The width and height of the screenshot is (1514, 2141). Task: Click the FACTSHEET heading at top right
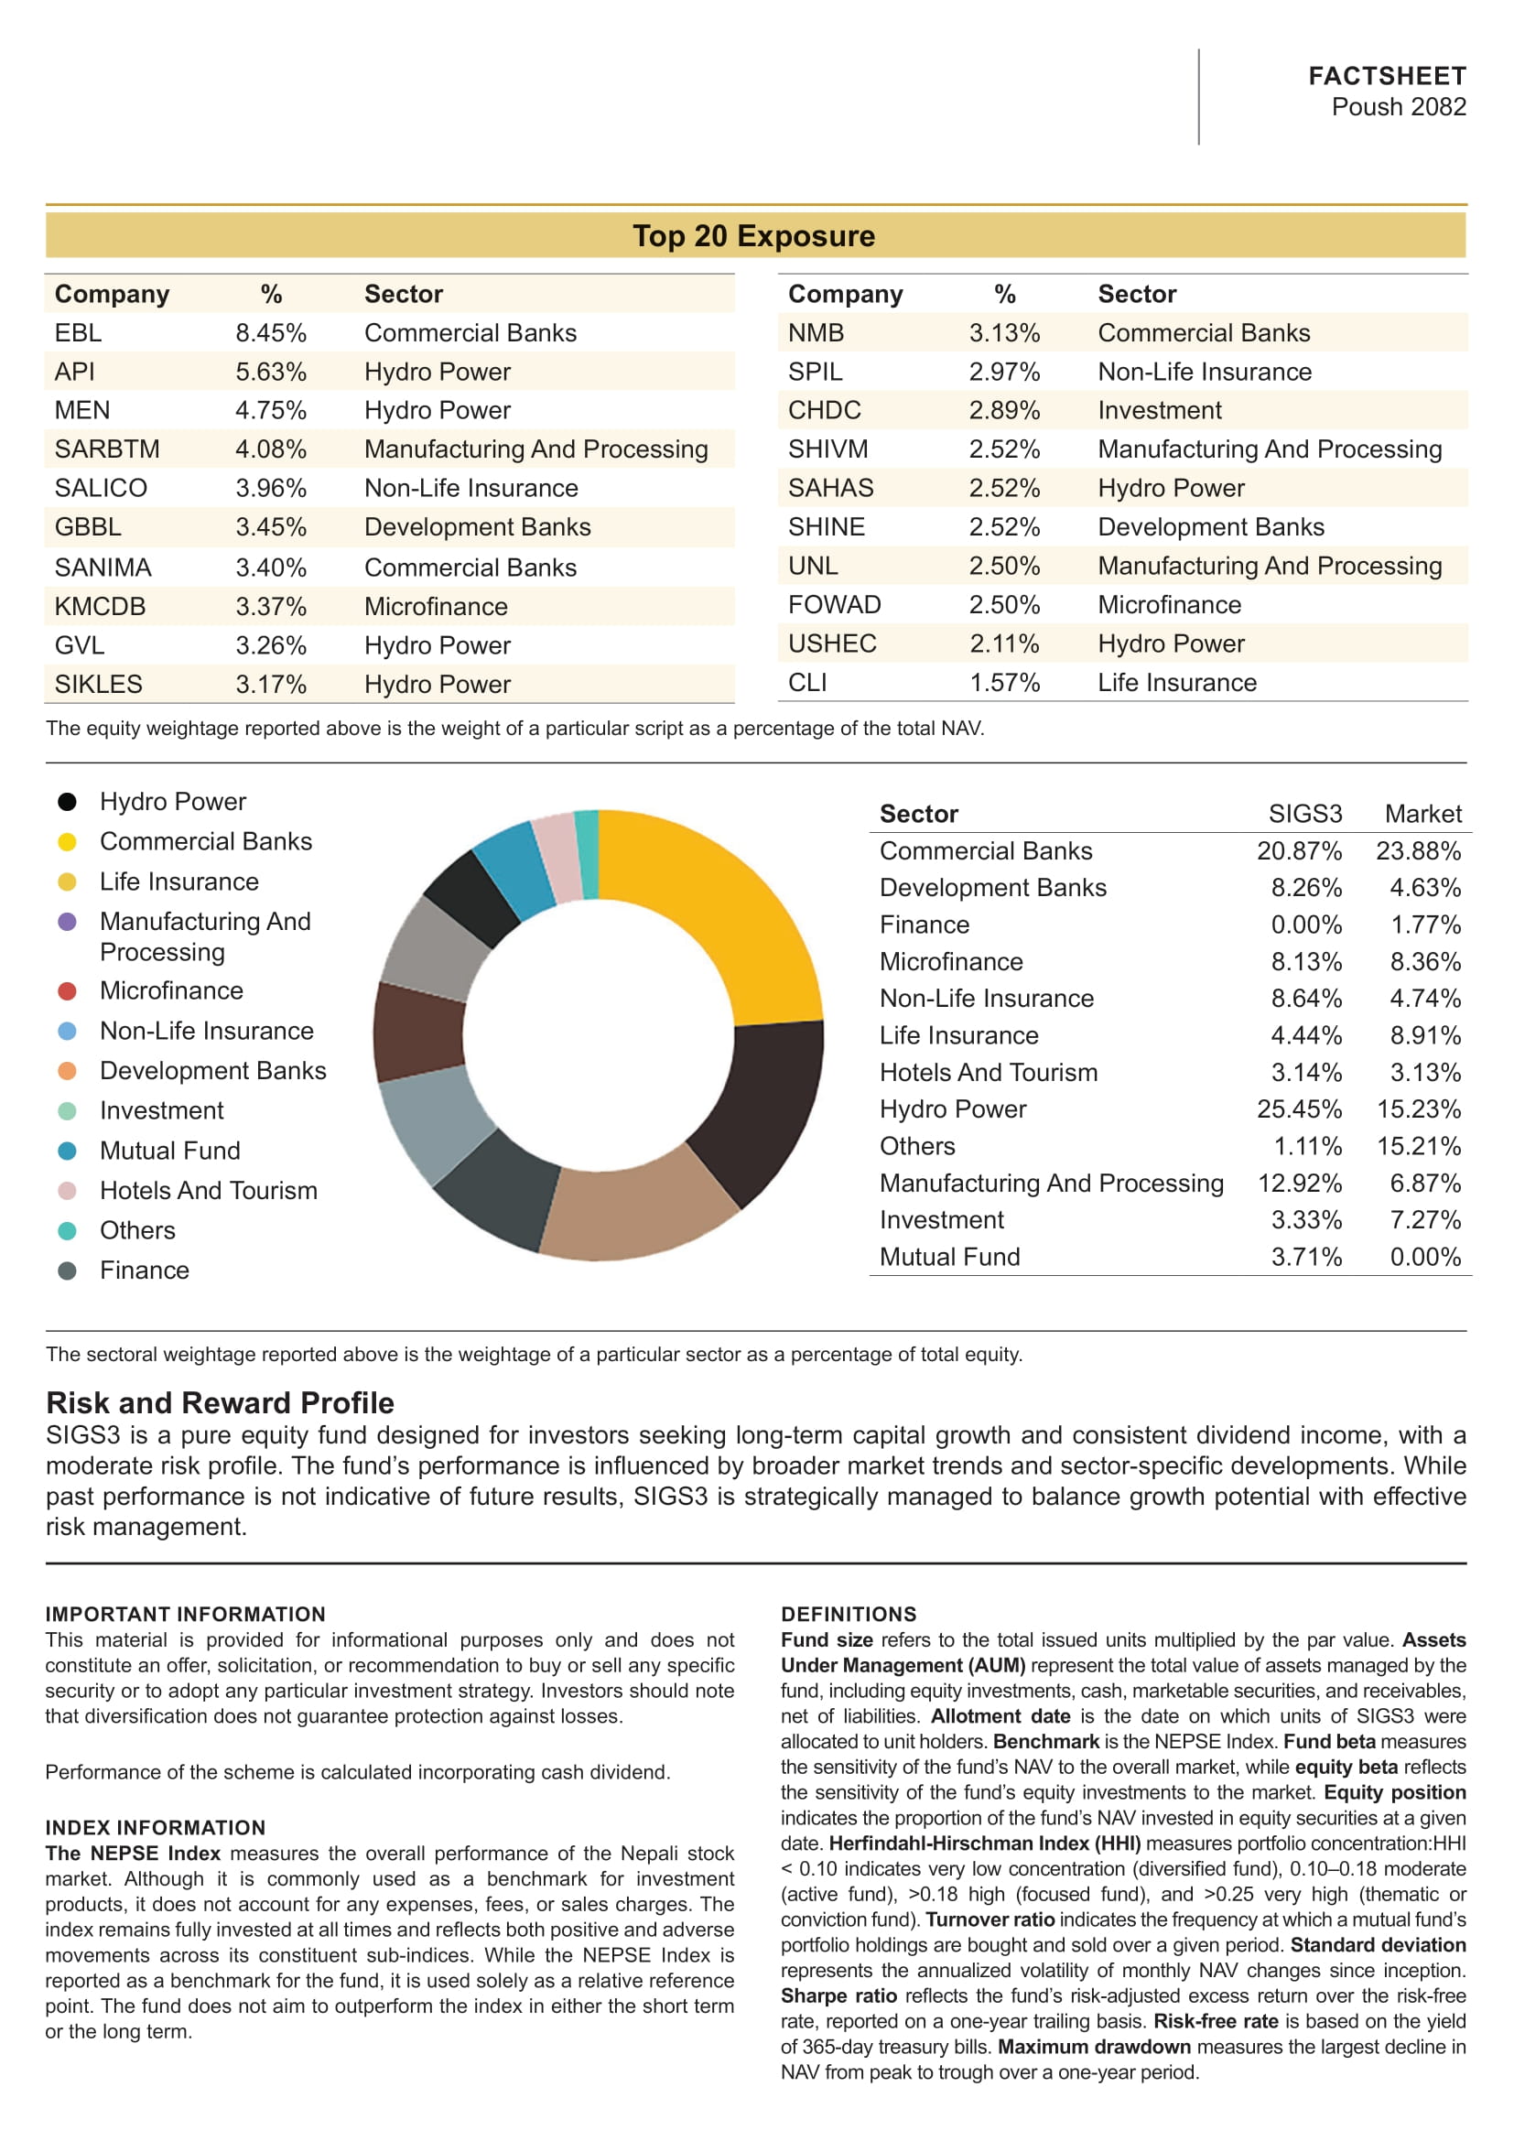pos(1386,76)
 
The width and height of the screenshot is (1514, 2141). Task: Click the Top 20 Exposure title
pos(754,236)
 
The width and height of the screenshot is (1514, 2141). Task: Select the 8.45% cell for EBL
pos(270,333)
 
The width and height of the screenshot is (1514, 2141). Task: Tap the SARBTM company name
pos(107,449)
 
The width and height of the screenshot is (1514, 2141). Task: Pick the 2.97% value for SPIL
pos(1004,372)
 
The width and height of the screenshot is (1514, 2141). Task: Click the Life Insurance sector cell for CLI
pos(1176,683)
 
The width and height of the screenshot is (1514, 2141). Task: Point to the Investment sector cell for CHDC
pos(1159,410)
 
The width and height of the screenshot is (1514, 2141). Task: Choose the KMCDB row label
pos(100,606)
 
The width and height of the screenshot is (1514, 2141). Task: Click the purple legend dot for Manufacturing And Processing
pos(67,922)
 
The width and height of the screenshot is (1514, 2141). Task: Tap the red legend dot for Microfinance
pos(67,990)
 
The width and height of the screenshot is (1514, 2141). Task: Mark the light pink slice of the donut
pos(556,856)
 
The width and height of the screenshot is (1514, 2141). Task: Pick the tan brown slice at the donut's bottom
pos(634,1212)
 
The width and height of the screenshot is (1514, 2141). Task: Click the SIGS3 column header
pos(1304,814)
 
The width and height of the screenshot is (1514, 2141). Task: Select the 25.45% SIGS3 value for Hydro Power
pos(1299,1109)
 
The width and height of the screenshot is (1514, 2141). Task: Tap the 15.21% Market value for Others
pos(1418,1146)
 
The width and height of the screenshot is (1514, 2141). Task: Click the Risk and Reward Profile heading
pos(220,1403)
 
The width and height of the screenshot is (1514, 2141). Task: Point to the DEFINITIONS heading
pos(849,1614)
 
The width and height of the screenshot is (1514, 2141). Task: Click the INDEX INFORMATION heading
pos(156,1828)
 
